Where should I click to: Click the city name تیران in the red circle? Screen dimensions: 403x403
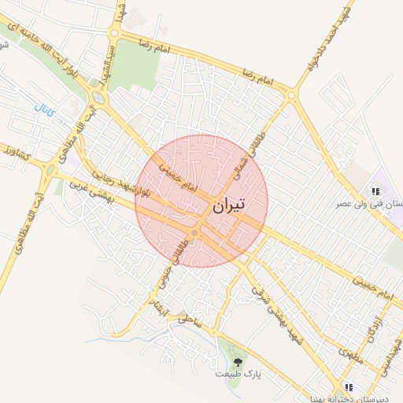[x=228, y=205]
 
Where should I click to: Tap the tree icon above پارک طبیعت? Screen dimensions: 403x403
[x=238, y=361]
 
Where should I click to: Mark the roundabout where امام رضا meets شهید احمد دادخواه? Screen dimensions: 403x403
[x=292, y=95]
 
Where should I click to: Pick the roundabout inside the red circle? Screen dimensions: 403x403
[x=194, y=233]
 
